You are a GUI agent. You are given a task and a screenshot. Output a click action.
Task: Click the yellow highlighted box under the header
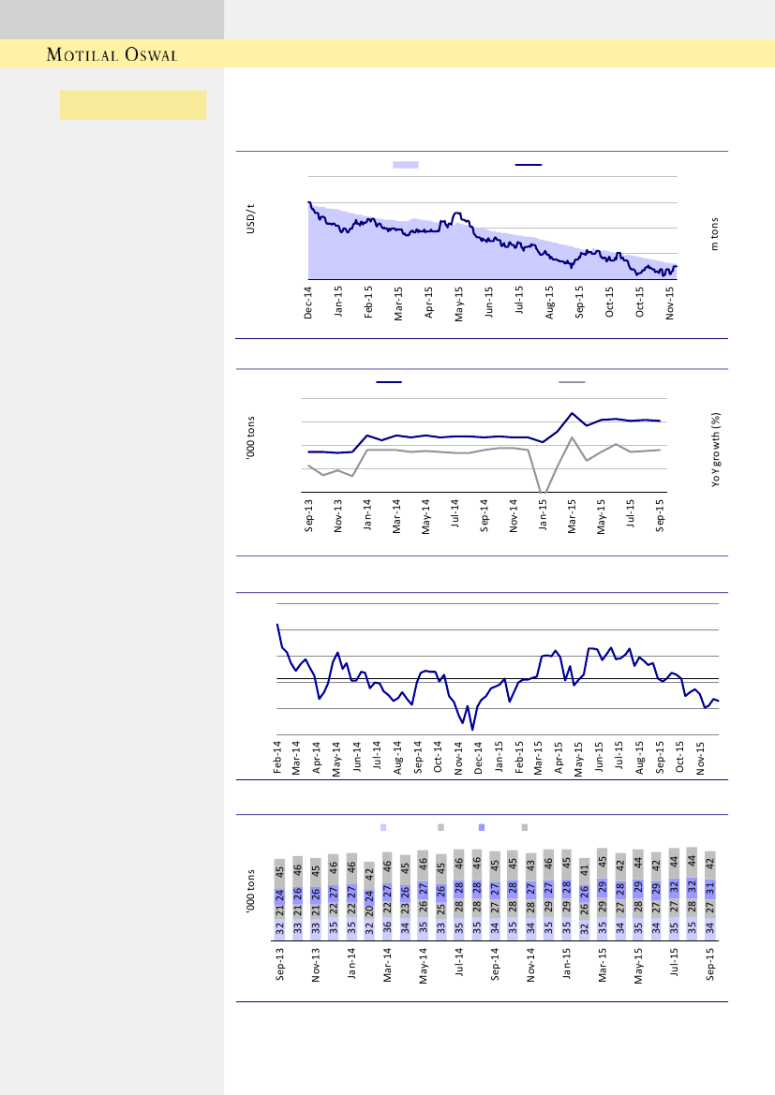coord(133,105)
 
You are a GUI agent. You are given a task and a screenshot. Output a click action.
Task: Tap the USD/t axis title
coord(251,224)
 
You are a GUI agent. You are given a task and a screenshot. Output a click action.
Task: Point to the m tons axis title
coord(713,234)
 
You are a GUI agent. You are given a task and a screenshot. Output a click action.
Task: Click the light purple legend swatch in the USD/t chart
coord(405,164)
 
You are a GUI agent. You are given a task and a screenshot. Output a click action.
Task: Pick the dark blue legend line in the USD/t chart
coord(529,164)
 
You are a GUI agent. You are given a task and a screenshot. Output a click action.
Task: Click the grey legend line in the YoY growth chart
coord(572,382)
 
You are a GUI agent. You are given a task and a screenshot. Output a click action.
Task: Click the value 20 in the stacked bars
coord(369,909)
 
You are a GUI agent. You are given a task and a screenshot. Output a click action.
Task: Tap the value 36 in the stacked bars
coord(387,929)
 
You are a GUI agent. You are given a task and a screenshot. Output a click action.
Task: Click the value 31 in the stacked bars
coord(710,888)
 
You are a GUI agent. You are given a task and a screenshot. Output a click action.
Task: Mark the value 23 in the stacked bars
coord(405,908)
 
